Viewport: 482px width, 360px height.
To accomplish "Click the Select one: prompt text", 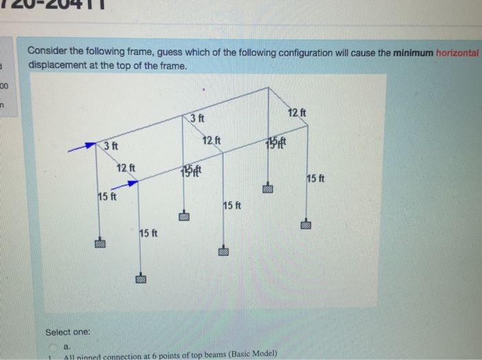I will tap(67, 333).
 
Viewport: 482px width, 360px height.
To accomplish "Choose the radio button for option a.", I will tap(59, 346).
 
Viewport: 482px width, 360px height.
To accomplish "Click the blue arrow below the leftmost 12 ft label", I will tap(127, 182).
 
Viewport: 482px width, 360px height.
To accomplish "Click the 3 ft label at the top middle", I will tap(197, 119).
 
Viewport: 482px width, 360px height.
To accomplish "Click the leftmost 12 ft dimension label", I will tap(126, 169).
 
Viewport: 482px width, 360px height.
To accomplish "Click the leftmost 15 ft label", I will tap(107, 198).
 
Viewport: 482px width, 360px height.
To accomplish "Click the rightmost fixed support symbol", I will tap(306, 224).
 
